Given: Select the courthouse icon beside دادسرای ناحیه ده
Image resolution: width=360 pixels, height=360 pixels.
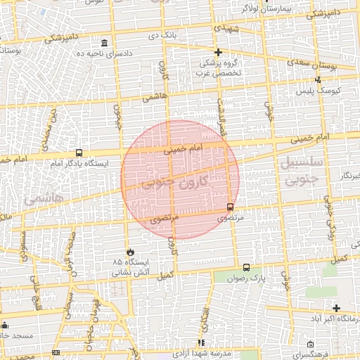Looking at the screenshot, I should coord(105,44).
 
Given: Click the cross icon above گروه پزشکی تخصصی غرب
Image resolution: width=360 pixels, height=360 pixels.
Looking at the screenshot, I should coord(219,52).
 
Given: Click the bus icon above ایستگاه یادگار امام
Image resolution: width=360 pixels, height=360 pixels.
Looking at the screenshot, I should coord(78,153).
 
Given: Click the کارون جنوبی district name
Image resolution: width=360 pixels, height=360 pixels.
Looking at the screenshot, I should coord(176,184).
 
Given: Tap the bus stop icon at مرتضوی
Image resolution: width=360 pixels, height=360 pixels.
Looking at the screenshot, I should coord(231,207).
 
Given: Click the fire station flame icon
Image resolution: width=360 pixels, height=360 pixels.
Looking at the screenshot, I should coord(129,252).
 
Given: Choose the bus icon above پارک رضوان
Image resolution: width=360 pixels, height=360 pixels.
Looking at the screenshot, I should coord(246,267).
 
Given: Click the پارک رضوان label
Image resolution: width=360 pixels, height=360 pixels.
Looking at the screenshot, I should coord(247,278).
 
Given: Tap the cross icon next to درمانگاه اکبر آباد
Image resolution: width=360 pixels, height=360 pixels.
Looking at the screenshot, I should coord(337,308).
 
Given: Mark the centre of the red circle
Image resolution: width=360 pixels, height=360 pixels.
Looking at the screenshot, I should coord(181,179).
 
